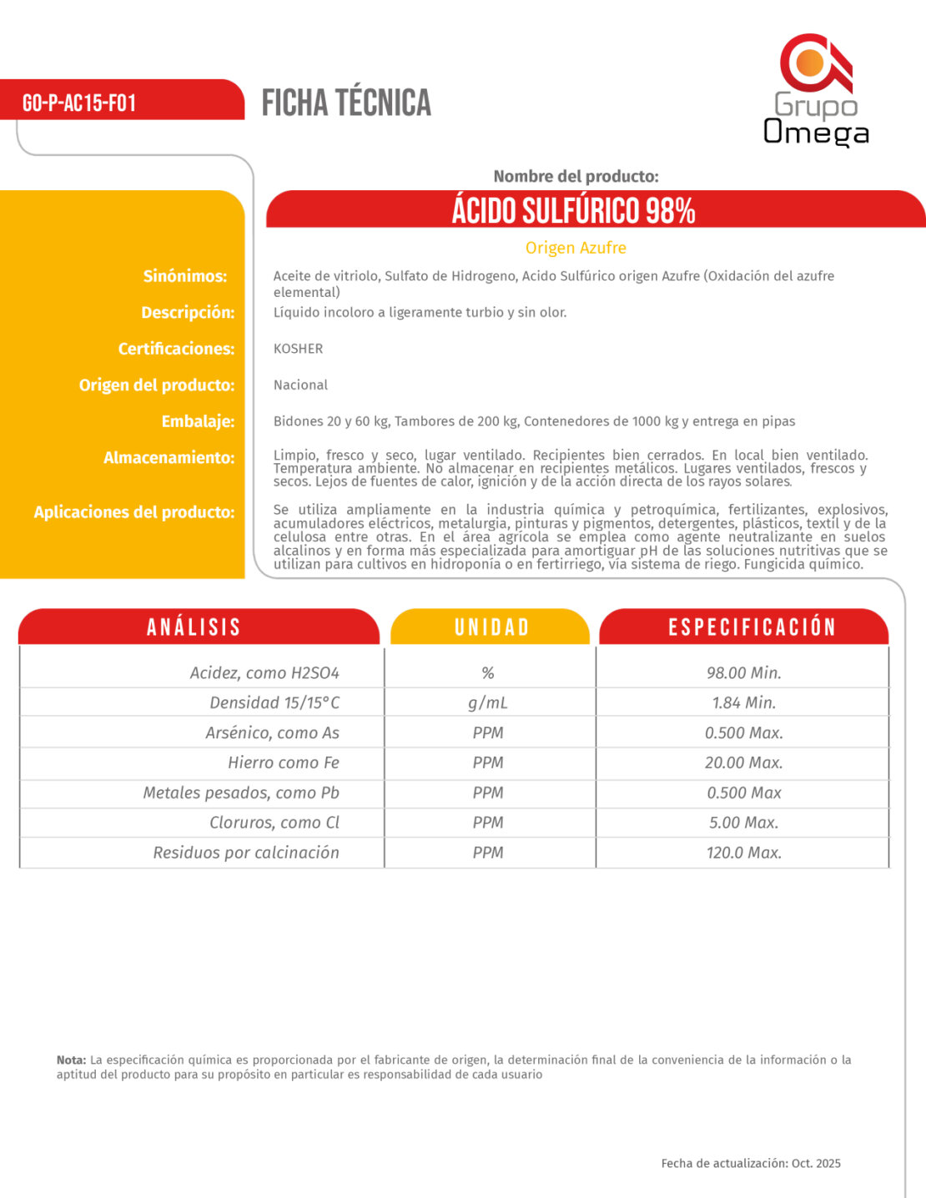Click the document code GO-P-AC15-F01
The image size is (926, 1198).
coord(79,103)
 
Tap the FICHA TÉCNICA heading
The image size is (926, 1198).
coord(346,103)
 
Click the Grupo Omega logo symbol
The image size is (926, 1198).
coord(815,63)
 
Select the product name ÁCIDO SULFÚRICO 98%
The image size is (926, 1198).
coord(574,210)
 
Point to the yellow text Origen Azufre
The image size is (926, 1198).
coord(576,248)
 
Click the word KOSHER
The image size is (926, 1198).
coord(298,349)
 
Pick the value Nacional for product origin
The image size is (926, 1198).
coord(300,385)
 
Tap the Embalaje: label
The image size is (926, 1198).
coord(198,421)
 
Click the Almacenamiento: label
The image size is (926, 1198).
coord(169,457)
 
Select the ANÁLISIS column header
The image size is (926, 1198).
coord(194,627)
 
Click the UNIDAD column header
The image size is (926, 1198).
coord(491,627)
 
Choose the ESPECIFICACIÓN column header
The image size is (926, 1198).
coord(752,627)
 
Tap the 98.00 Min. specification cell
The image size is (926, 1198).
coord(743,672)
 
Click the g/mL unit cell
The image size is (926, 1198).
coord(487,702)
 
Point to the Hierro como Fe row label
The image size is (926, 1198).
coord(284,763)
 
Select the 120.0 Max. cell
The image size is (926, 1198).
coord(743,853)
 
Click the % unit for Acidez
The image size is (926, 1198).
coord(487,672)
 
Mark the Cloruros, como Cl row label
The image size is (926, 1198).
coord(274,823)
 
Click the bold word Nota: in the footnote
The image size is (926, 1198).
coord(71,1060)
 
